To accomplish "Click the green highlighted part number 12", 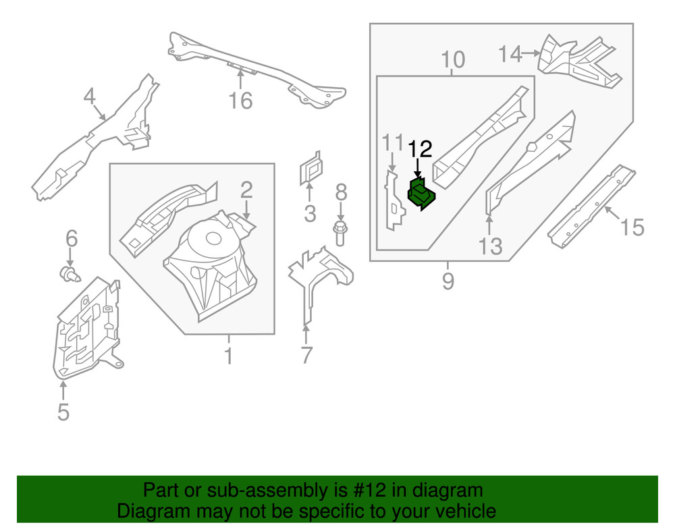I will pyautogui.click(x=422, y=194).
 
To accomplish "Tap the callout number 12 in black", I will pyautogui.click(x=418, y=148).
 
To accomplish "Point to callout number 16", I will pyautogui.click(x=240, y=101).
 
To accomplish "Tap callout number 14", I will pyautogui.click(x=511, y=53).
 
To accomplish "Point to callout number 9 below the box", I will pyautogui.click(x=448, y=280).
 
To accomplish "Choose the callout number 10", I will pyautogui.click(x=453, y=60).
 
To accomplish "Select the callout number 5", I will pyautogui.click(x=63, y=411).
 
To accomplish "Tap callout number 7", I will pyautogui.click(x=306, y=354).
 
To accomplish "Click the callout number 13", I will pyautogui.click(x=491, y=246).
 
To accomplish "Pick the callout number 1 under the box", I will pyautogui.click(x=228, y=356).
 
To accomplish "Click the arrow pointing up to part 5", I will pyautogui.click(x=63, y=390).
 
